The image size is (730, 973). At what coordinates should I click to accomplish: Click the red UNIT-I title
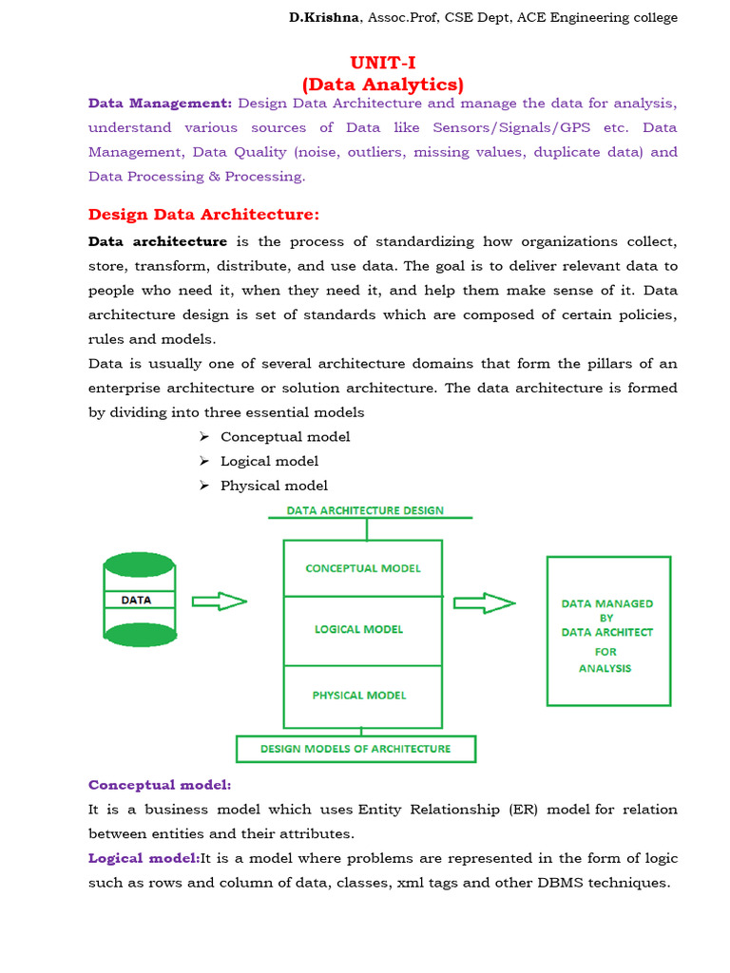coord(383,64)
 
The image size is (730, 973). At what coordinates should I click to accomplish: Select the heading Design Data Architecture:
coord(203,214)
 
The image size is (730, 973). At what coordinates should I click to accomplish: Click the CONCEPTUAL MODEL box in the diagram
coord(362,568)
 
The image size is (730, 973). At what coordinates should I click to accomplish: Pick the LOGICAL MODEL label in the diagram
coord(358,629)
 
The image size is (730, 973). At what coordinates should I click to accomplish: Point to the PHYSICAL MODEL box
coord(359,695)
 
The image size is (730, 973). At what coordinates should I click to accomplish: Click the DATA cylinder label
coord(137,601)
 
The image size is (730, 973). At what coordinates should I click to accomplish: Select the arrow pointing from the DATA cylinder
coord(220,601)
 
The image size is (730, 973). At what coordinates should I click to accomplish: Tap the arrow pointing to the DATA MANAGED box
coord(484,602)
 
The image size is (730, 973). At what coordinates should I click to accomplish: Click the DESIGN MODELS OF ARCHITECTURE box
coord(355,749)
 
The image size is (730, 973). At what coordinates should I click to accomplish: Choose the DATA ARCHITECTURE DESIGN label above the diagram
coord(365,510)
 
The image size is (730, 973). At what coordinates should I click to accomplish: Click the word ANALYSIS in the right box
coord(605,668)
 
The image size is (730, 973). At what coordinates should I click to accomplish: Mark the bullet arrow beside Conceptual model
coord(204,436)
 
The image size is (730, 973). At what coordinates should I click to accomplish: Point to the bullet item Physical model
coord(274,486)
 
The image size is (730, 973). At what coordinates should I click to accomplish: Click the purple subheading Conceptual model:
coord(160,785)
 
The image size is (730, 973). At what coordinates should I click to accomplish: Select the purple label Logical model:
coord(144,858)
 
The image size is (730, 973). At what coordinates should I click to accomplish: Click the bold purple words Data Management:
coord(160,103)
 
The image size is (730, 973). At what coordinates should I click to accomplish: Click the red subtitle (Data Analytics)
coord(383,85)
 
